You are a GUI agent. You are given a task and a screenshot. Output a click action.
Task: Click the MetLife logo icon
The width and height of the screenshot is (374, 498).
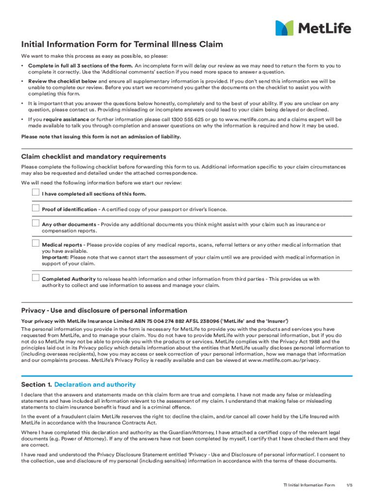tap(284, 28)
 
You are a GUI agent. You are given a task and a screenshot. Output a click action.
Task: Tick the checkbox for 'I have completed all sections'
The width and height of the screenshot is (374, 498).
tap(35, 193)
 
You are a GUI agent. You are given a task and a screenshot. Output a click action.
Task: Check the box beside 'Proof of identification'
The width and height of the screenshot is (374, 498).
tap(35, 208)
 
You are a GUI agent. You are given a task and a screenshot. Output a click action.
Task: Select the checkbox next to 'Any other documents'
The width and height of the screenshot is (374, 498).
tap(35, 223)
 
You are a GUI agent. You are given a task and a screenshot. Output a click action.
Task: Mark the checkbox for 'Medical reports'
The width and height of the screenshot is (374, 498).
tap(35, 243)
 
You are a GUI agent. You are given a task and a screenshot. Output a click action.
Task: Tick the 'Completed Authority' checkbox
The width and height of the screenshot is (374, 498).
tap(35, 278)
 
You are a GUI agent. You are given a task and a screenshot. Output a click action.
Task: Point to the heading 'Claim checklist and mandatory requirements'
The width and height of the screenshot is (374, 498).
tap(94, 157)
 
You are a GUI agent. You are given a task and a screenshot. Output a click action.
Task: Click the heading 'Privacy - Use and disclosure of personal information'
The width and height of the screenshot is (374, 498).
tap(104, 310)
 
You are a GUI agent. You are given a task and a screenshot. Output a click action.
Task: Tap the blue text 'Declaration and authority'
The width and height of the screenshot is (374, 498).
tap(95, 385)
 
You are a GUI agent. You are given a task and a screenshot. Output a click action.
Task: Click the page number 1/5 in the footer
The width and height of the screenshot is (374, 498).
tap(349, 485)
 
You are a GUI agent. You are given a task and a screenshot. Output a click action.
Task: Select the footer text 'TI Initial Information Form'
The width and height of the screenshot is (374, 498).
tap(309, 485)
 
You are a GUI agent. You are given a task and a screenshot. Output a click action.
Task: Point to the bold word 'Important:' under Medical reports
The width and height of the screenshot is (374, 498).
tap(55, 257)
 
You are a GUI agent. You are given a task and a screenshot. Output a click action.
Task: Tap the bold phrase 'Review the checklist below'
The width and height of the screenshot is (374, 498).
tap(63, 81)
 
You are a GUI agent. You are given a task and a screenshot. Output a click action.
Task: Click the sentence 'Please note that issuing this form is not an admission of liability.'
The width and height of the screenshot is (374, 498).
tap(101, 137)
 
